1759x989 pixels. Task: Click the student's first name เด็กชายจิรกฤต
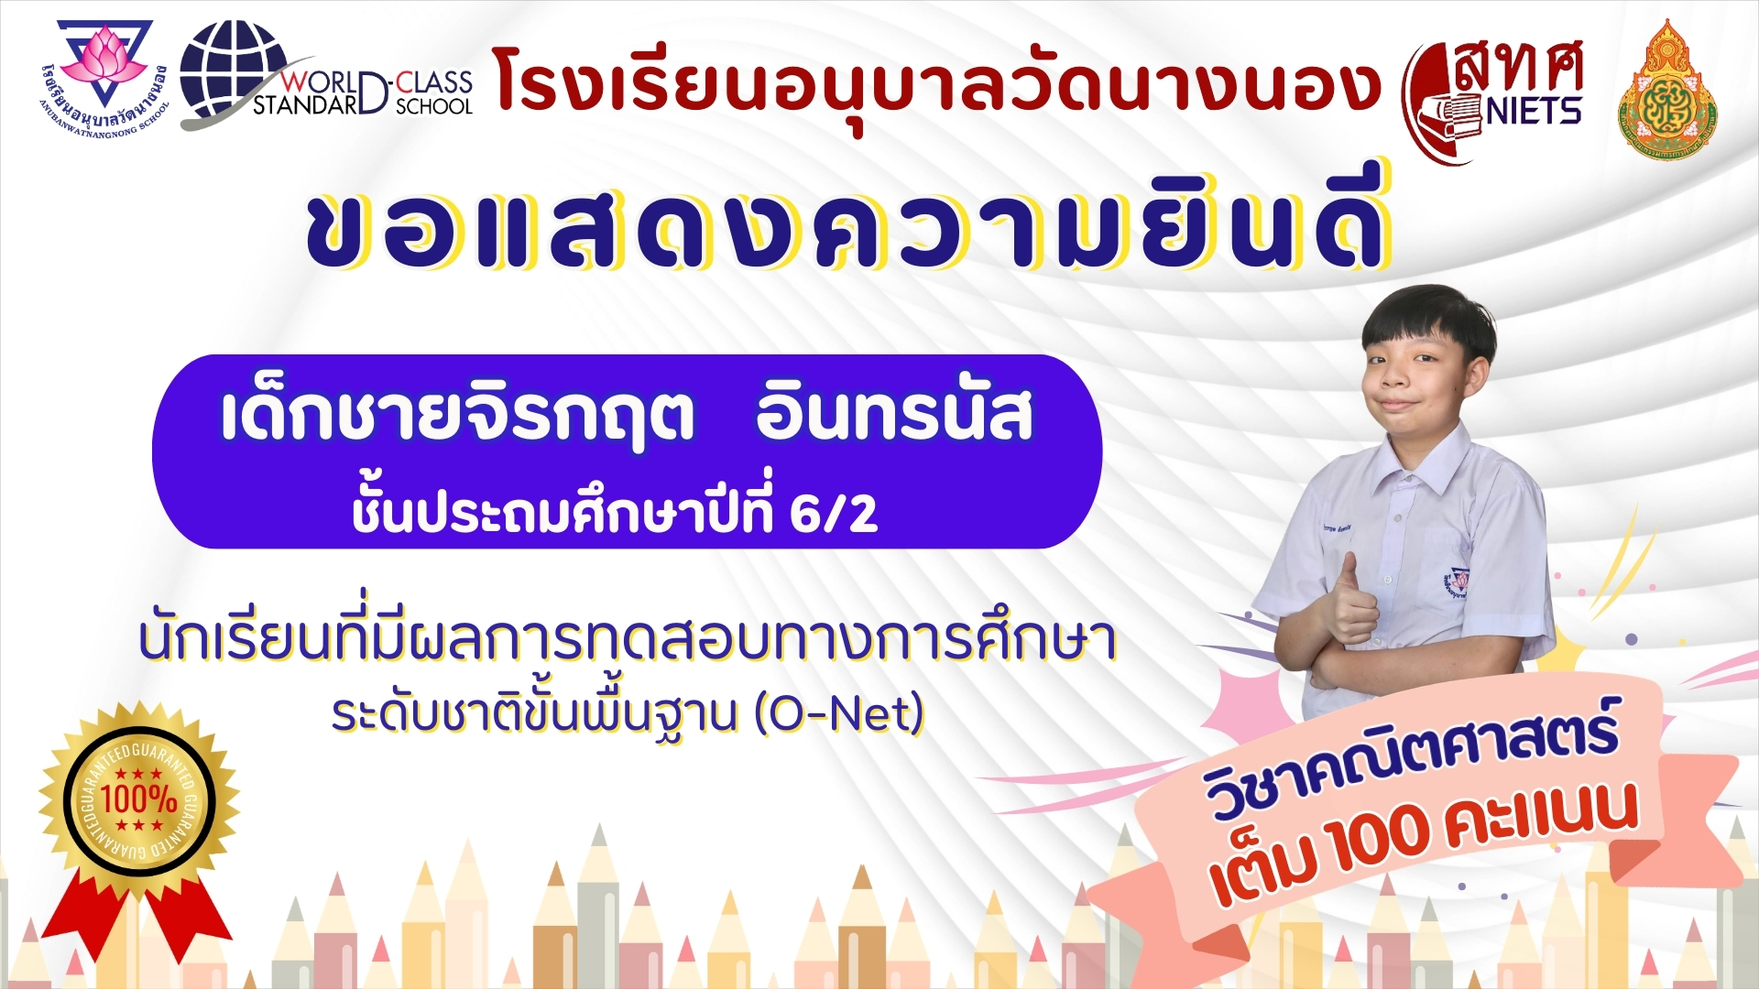457,415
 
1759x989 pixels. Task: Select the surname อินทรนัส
894,414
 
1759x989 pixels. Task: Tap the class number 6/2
833,514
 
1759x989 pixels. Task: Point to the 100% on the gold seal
138,799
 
